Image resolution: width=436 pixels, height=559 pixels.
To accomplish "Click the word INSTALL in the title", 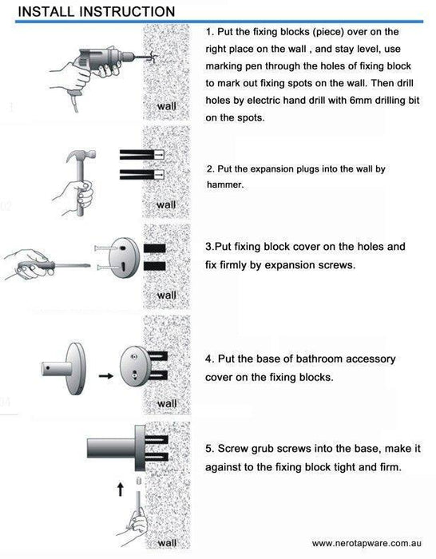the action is click(x=46, y=11).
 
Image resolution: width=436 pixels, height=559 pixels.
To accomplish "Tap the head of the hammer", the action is click(x=82, y=155).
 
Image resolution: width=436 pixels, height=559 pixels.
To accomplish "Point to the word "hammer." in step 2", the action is click(x=225, y=184).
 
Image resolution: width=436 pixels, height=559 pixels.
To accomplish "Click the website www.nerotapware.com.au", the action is click(x=367, y=543).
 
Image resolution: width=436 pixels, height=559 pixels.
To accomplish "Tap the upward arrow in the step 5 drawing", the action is click(x=121, y=489).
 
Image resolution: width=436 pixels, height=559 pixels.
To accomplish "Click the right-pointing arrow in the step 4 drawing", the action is click(x=106, y=376).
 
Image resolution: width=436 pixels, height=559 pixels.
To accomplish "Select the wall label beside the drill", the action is click(x=166, y=106).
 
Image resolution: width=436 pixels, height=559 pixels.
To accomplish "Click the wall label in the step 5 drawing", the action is click(x=167, y=543).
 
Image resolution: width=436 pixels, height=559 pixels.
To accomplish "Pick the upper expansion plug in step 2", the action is click(x=141, y=154).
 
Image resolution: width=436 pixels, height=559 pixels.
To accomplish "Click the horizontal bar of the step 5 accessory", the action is click(x=111, y=448).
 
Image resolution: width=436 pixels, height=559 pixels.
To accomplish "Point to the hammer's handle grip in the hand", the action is click(x=81, y=194).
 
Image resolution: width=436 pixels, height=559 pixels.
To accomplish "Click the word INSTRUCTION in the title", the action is click(x=127, y=11).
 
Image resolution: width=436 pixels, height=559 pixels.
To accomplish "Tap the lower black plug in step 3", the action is click(x=155, y=266).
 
